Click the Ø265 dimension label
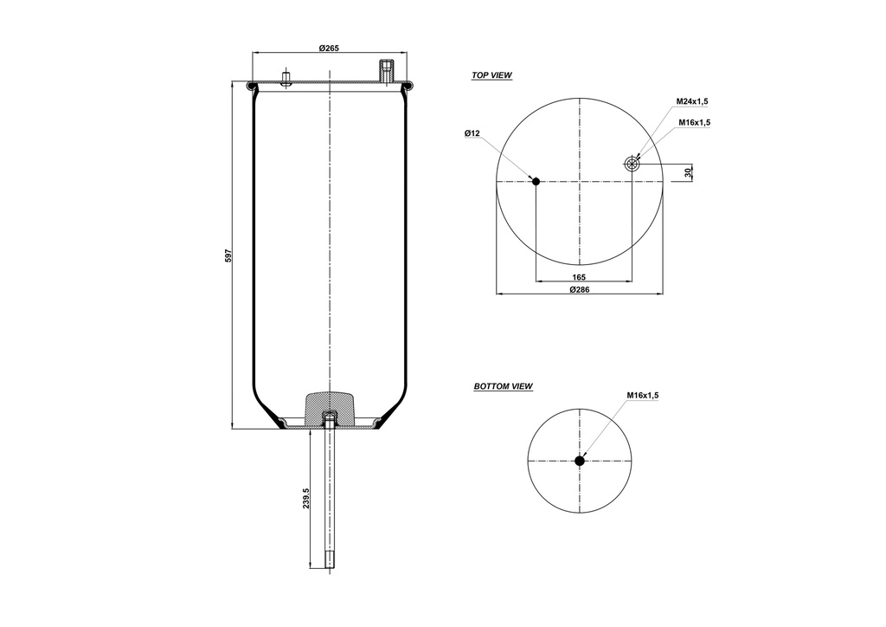click(x=328, y=48)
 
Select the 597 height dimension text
click(x=228, y=255)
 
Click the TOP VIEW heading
click(x=491, y=76)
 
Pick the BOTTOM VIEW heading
click(x=503, y=386)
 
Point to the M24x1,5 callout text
click(x=693, y=101)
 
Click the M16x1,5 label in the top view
click(x=694, y=122)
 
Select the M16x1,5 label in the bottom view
click(x=643, y=395)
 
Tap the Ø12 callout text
click(x=472, y=133)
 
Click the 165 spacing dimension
click(x=580, y=277)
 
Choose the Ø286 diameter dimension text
click(x=580, y=289)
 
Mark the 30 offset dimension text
click(x=689, y=172)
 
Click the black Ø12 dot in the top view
click(x=536, y=181)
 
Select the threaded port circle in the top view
click(x=632, y=164)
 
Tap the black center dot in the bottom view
click(x=580, y=461)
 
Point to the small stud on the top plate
click(x=285, y=79)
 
